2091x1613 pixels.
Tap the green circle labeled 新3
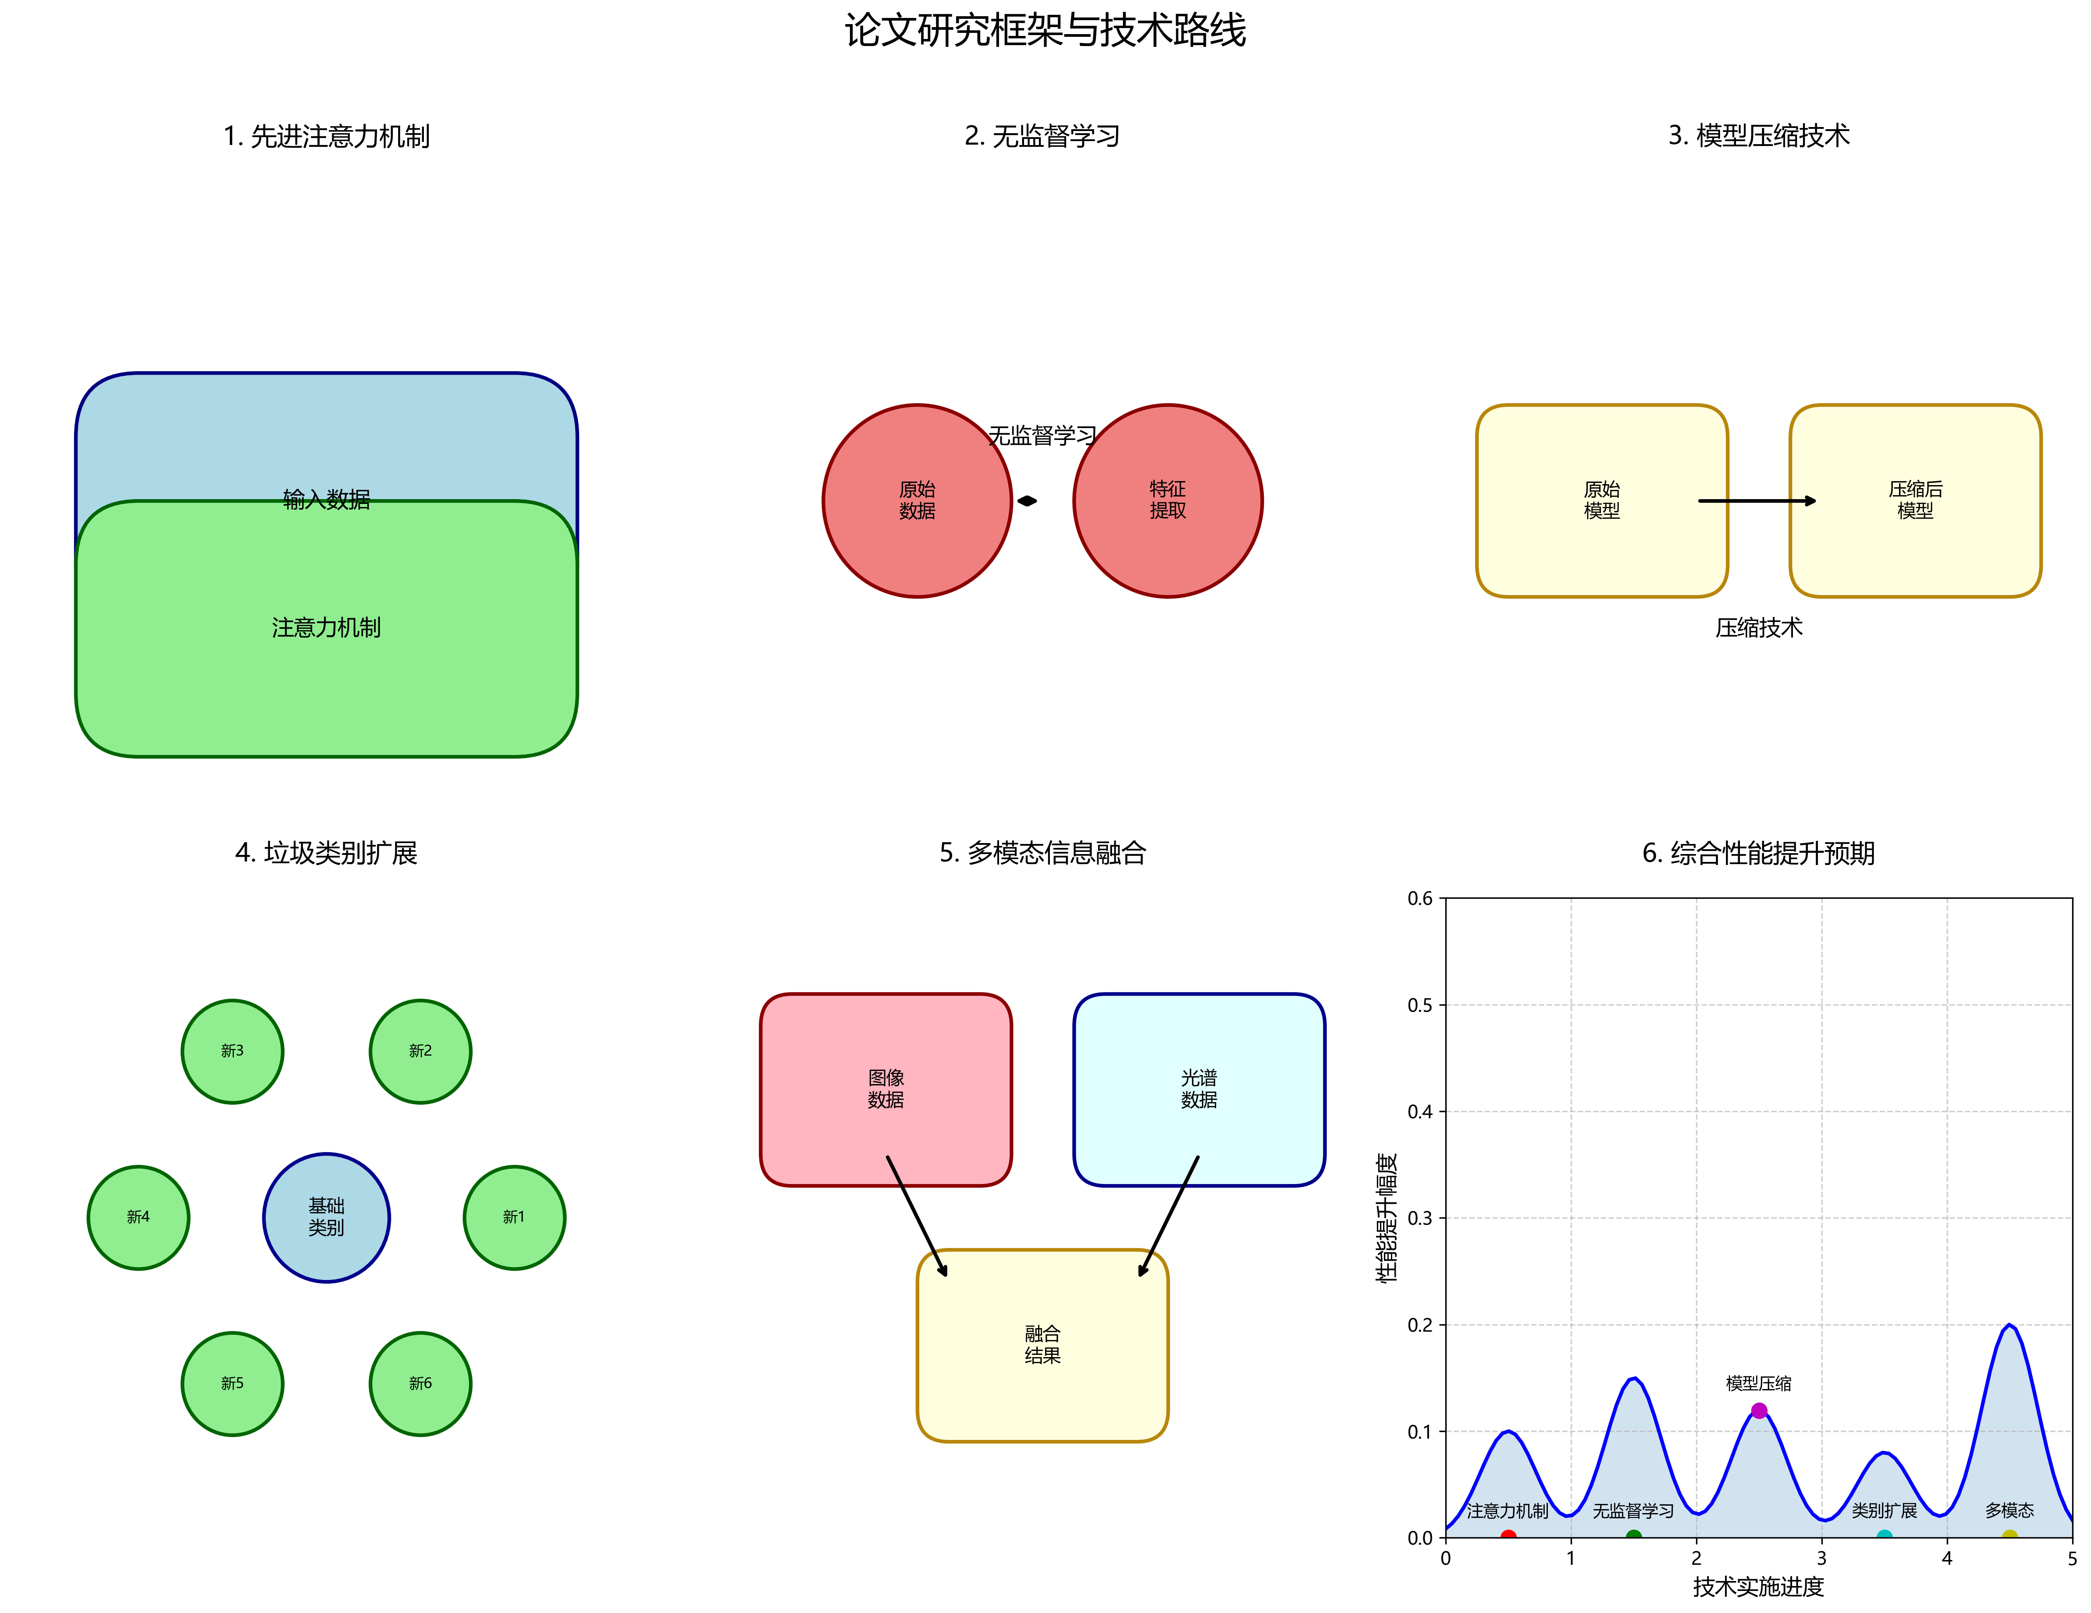coord(233,1051)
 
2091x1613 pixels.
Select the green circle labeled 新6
coord(420,1383)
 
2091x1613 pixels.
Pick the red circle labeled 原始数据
coord(917,501)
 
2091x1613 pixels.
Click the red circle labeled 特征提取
coord(1168,501)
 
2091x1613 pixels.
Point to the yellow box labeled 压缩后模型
coord(1915,501)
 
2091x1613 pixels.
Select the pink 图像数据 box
coord(885,1089)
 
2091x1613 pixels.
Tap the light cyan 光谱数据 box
coord(1198,1089)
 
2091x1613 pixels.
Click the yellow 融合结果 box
coord(1042,1345)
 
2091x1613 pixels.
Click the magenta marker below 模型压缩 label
coord(1759,1410)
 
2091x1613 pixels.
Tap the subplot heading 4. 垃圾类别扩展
coord(327,853)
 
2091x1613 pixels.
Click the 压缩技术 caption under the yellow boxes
coord(1759,628)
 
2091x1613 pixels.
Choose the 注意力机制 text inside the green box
coord(327,628)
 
